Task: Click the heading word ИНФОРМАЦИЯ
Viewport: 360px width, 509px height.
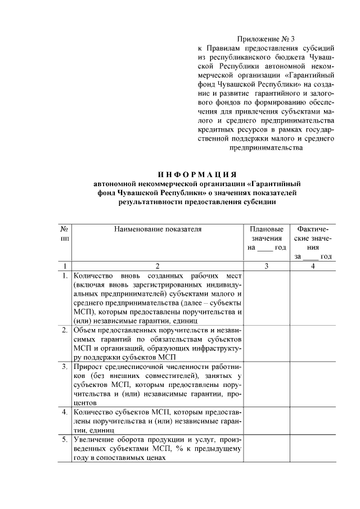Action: click(196, 173)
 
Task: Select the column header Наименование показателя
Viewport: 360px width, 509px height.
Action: click(157, 229)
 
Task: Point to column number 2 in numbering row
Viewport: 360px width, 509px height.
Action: click(157, 265)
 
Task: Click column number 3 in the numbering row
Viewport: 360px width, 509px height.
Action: click(267, 265)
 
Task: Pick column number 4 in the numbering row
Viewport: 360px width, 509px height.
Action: click(313, 265)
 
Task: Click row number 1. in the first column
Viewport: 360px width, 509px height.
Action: click(65, 276)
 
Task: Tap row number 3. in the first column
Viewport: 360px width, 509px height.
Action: click(65, 366)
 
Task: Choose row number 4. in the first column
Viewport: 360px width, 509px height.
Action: click(65, 411)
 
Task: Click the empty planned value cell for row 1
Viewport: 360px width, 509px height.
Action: click(267, 298)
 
